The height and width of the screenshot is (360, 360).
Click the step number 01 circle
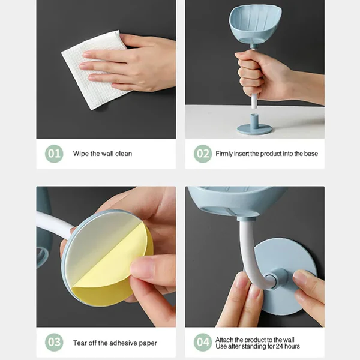tap(54, 154)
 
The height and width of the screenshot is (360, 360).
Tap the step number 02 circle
tap(203, 154)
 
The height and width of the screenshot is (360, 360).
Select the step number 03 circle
tap(54, 343)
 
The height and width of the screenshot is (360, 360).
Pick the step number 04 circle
tap(203, 343)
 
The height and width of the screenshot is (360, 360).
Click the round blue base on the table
tap(254, 127)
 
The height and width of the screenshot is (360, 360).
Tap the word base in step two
tap(311, 154)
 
